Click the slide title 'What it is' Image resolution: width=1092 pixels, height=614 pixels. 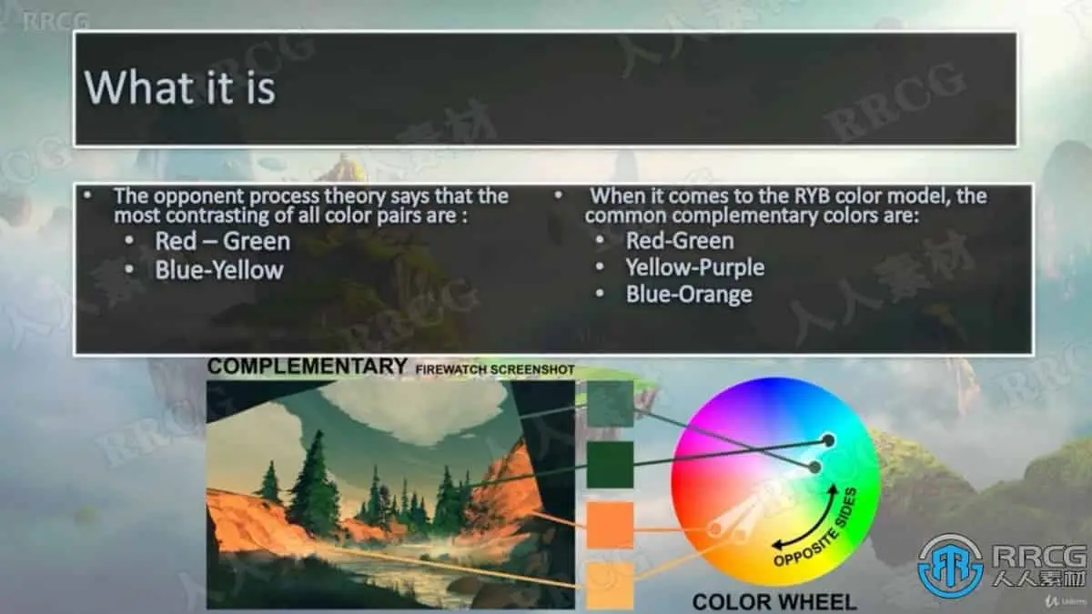180,87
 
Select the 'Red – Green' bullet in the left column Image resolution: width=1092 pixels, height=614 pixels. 222,241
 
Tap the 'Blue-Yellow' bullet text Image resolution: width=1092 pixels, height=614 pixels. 219,270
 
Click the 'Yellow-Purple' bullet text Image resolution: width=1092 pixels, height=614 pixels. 695,267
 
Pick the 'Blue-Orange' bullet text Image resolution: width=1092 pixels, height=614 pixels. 689,295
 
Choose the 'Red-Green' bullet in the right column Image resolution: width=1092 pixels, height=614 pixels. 680,241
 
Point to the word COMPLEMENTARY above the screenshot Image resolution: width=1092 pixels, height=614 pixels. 308,367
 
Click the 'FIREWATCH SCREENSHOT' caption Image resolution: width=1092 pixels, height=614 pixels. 495,370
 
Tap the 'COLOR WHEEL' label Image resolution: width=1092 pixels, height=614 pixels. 774,602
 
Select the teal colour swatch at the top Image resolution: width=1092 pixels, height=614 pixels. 610,404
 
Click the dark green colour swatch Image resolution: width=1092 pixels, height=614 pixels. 610,465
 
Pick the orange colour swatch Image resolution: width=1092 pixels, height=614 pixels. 610,526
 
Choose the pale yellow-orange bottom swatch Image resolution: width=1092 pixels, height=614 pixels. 610,586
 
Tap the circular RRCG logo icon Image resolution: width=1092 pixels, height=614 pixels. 950,566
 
